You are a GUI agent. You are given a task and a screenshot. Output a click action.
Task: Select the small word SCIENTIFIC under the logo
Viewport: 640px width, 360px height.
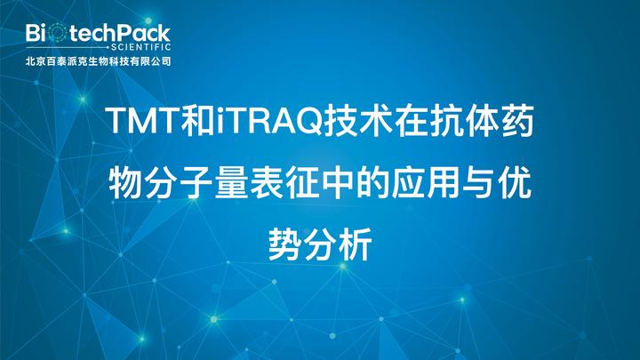[x=140, y=50]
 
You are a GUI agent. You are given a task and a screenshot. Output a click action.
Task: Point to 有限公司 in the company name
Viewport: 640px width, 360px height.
[x=151, y=62]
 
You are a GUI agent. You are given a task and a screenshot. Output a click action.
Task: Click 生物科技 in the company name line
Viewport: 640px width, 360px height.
[x=108, y=62]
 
